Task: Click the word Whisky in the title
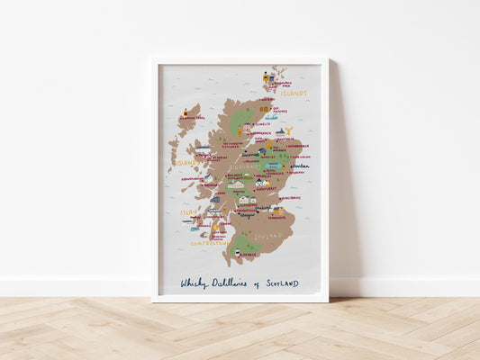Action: pyautogui.click(x=194, y=283)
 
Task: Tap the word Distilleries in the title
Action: pyautogui.click(x=231, y=283)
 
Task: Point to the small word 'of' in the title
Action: pyautogui.click(x=256, y=283)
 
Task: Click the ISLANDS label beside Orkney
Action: pyautogui.click(x=293, y=93)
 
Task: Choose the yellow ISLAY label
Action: pyautogui.click(x=188, y=213)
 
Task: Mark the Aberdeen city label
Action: pyautogui.click(x=299, y=166)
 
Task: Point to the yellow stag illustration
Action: pyautogui.click(x=288, y=131)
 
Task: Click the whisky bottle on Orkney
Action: pyautogui.click(x=266, y=78)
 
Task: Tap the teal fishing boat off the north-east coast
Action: pyautogui.click(x=270, y=116)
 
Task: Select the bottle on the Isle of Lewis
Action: pyautogui.click(x=186, y=112)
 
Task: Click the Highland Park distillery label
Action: pyautogui.click(x=283, y=84)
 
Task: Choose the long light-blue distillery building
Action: pyautogui.click(x=272, y=166)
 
